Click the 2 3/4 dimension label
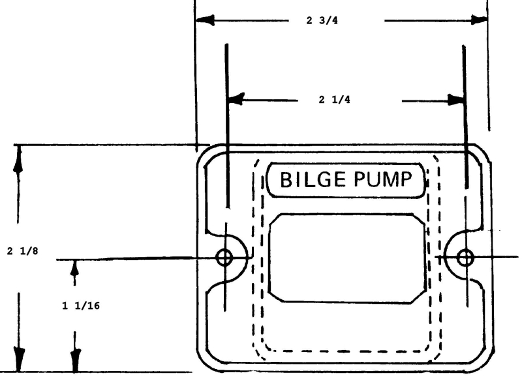322,20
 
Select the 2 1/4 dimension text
335,100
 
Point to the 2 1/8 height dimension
22,251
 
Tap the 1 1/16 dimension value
81,306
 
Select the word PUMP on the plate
383,179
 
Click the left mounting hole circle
224,258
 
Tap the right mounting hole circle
465,258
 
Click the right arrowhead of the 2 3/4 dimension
479,20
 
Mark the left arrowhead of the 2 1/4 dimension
236,99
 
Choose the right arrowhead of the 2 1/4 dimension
455,100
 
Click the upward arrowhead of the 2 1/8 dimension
18,159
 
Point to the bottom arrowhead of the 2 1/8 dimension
19,359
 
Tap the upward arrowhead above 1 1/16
75,267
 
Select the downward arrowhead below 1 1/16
76,359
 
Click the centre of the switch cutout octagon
347,259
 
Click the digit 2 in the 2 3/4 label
309,21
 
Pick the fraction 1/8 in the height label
29,251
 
